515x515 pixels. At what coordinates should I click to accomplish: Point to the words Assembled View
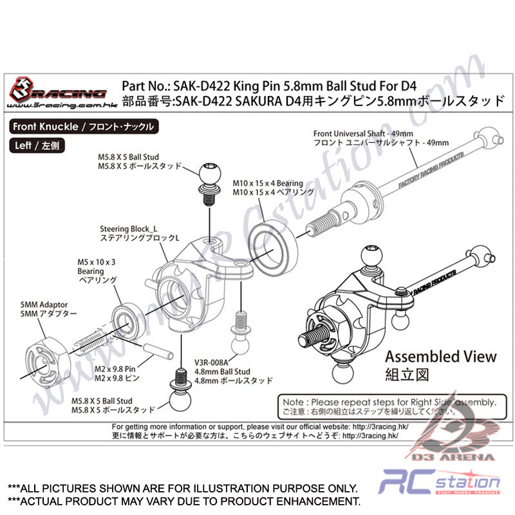(x=440, y=356)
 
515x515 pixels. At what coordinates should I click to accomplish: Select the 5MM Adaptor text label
(x=44, y=304)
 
